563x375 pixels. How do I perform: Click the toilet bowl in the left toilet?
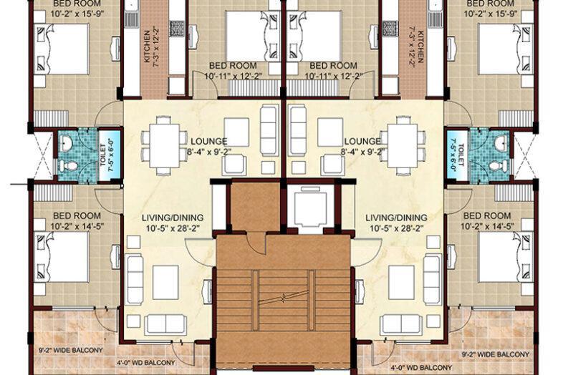[x=68, y=165]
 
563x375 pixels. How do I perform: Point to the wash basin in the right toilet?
[x=499, y=144]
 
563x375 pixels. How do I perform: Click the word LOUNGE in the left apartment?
[x=208, y=141]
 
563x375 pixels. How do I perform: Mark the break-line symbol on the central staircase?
[x=284, y=296]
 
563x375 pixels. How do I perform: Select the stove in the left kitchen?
[x=175, y=29]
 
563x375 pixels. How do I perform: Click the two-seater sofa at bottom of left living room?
[x=165, y=324]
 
